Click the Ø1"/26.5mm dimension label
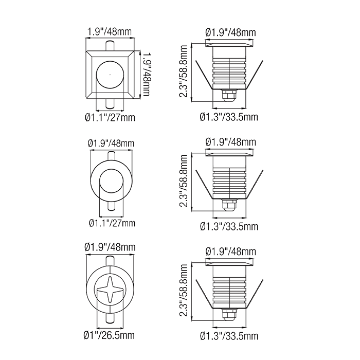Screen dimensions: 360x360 (x=109, y=335)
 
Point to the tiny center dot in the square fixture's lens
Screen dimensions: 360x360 (x=110, y=75)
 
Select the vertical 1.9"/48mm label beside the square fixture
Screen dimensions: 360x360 (x=146, y=75)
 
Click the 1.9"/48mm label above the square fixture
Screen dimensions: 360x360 (x=110, y=32)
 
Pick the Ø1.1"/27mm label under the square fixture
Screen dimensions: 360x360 (x=110, y=118)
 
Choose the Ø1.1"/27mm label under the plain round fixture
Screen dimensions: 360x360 (x=112, y=223)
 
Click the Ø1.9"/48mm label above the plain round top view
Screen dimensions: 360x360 (x=111, y=143)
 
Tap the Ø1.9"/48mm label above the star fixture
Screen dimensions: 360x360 (x=110, y=247)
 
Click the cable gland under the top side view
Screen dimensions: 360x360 (x=229, y=96)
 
